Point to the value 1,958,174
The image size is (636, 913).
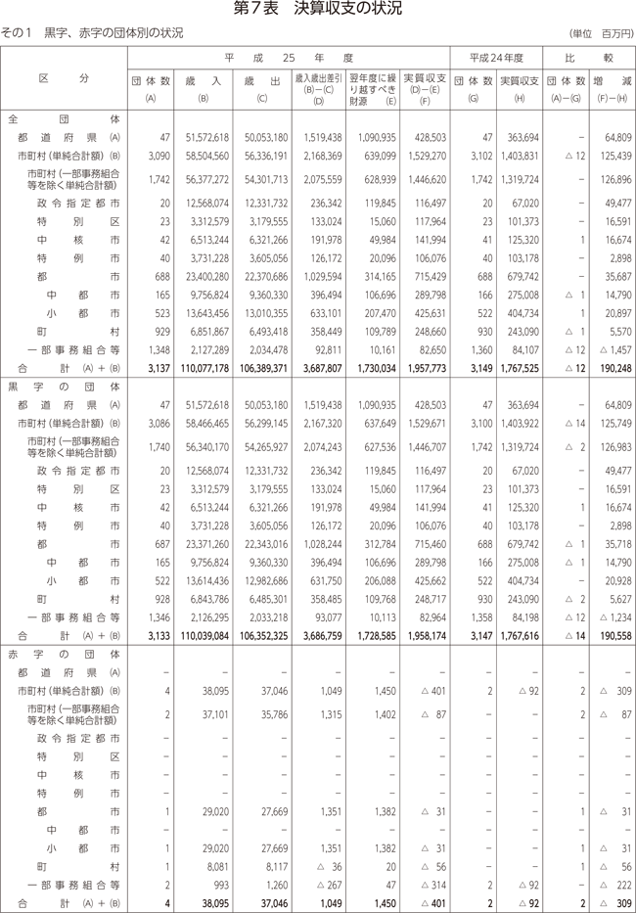pyautogui.click(x=427, y=634)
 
